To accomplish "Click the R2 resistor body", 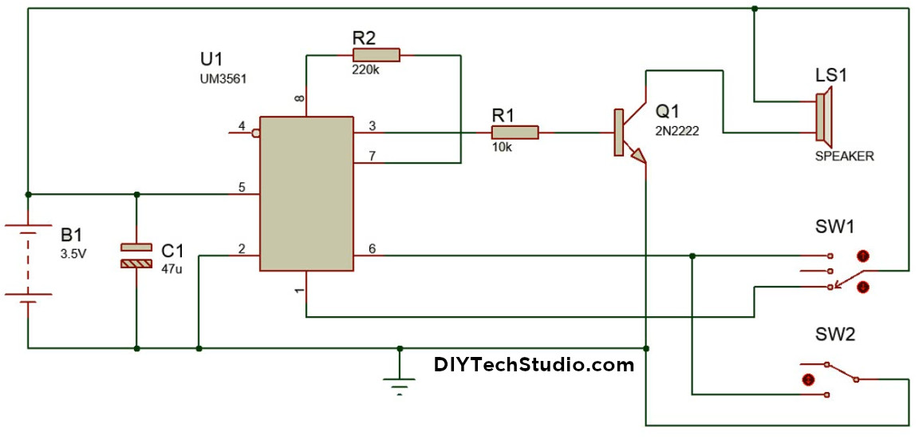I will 376,54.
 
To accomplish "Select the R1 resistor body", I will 515,133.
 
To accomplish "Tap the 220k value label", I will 365,69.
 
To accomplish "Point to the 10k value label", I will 502,148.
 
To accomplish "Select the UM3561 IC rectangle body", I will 306,193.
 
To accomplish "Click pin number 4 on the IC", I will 242,126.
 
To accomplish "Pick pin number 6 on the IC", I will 372,248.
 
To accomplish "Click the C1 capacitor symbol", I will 136,255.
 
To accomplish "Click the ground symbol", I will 400,383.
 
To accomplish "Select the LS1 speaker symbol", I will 822,117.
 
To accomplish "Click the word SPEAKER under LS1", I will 844,157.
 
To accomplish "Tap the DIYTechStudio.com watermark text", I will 534,365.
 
